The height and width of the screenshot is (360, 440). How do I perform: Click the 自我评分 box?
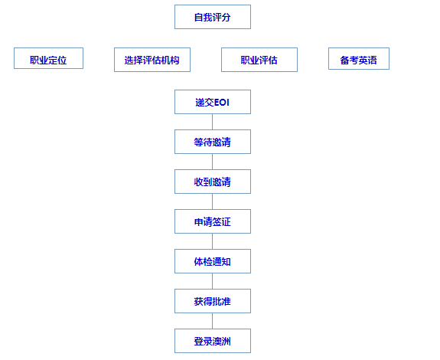coord(213,17)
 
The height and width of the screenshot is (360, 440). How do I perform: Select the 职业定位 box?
coord(48,58)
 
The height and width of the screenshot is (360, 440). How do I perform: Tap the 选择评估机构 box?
coord(152,60)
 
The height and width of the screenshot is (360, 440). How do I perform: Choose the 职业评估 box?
coord(259,60)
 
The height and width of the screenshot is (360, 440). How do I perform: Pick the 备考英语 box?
coord(359,58)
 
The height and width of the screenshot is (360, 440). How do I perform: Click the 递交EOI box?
coord(213,102)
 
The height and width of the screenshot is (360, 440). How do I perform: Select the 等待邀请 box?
coord(213,142)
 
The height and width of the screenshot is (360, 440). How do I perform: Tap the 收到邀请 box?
coord(213,182)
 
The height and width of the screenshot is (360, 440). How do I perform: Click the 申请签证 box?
coord(213,221)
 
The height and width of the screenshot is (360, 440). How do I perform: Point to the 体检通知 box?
coord(213,261)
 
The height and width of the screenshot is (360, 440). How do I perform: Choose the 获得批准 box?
coord(213,301)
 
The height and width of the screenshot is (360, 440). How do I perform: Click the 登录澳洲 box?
coord(213,341)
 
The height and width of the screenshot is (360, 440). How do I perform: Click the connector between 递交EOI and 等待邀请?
coord(212,122)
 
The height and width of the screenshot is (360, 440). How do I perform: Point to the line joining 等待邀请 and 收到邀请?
coord(212,162)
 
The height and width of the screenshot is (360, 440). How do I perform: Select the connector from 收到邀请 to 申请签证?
coord(212,201)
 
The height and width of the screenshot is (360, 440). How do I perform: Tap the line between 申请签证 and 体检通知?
coord(212,241)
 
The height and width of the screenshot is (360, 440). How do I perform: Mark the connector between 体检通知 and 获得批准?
coord(212,281)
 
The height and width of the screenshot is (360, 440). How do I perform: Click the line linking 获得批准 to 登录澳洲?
coord(212,321)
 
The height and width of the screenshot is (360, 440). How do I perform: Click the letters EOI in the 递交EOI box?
coord(222,103)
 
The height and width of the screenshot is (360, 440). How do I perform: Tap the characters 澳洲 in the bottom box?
coord(222,342)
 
